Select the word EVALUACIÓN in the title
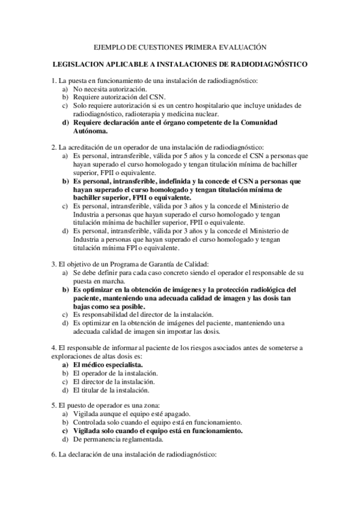tap(240, 46)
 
